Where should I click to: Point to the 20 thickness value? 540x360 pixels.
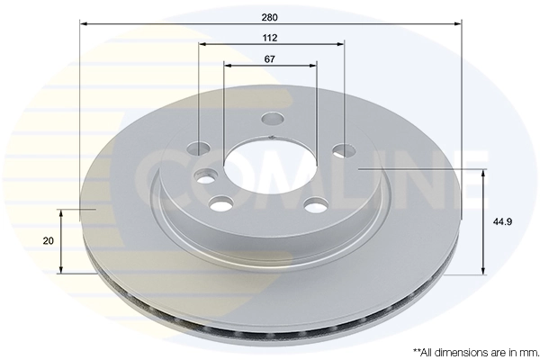pos(48,241)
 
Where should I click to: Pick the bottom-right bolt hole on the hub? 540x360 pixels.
pos(314,207)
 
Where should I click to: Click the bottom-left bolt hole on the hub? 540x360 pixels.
pos(219,202)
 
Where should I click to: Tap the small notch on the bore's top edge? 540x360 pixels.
pos(271,137)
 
